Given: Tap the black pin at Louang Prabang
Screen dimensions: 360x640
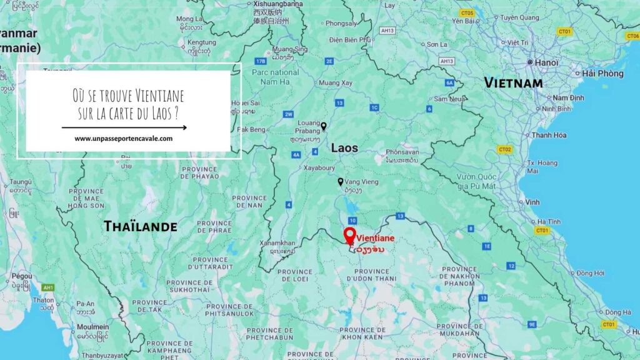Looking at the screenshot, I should click(323, 126).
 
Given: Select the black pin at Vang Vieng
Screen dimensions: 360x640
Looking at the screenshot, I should click(341, 182).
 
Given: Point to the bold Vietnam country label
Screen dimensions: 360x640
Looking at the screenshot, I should click(513, 83).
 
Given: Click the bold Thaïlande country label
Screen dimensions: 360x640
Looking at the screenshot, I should click(140, 226).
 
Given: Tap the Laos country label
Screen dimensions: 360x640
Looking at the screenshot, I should click(344, 148).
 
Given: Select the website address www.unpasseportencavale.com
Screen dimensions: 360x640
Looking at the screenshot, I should click(124, 139).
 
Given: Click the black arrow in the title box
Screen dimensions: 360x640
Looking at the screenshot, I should click(124, 127).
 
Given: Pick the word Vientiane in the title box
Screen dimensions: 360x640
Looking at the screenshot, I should click(159, 97).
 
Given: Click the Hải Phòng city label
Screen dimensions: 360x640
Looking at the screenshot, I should click(602, 74).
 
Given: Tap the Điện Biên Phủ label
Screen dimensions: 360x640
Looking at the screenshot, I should click(349, 40).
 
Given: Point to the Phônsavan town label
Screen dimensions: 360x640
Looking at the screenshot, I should click(402, 152).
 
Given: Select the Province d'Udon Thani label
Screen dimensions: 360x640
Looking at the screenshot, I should click(372, 275).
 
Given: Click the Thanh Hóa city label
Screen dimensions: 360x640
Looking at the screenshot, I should click(548, 135).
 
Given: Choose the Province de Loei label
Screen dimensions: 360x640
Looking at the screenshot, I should click(294, 276).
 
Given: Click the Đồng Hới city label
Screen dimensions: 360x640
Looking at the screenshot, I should click(590, 273).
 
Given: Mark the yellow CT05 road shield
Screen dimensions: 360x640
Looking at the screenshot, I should click(466, 12).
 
